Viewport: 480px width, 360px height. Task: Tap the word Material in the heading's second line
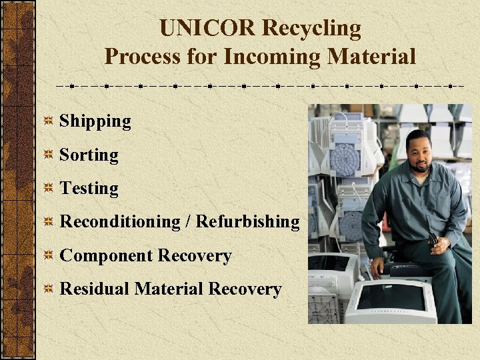point(372,57)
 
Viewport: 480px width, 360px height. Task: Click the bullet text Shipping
point(95,121)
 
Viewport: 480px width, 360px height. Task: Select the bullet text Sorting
point(89,155)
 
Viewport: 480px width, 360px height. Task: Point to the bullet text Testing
point(89,189)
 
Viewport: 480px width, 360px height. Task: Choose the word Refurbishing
point(248,222)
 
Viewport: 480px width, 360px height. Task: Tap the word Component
point(107,256)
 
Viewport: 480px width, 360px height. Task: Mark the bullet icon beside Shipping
point(49,121)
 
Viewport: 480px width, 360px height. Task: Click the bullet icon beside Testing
point(49,189)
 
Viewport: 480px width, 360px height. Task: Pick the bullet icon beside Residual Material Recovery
point(49,289)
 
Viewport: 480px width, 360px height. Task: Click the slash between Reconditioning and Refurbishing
point(189,222)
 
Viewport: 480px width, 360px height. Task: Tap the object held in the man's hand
point(433,240)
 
